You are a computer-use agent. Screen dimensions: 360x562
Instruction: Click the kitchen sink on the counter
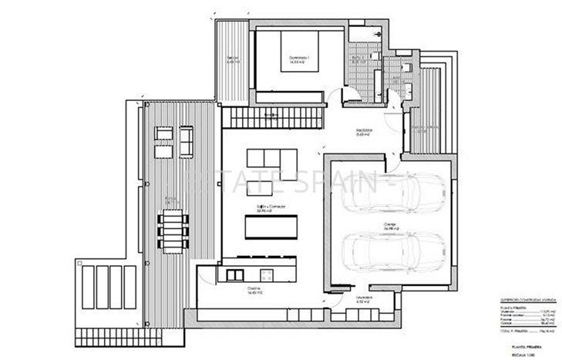pyautogui.click(x=267, y=274)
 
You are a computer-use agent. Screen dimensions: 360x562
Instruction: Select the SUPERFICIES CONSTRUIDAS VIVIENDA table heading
pyautogui.click(x=517, y=301)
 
